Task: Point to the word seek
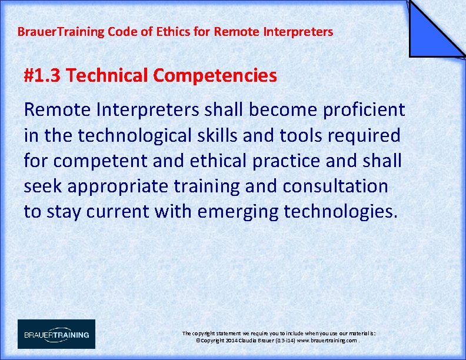[x=43, y=186]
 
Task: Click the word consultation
[x=335, y=186]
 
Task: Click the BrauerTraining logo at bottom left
[x=56, y=334]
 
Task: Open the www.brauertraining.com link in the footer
[x=327, y=341]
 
